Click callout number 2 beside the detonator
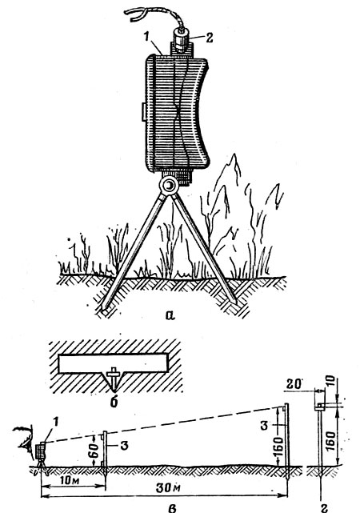tap(209, 37)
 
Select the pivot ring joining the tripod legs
tap(168, 186)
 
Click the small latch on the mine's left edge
tap(143, 111)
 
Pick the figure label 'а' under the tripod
tap(170, 315)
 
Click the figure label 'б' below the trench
tap(114, 402)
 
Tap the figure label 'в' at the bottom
tap(172, 507)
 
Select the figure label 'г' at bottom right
tap(324, 507)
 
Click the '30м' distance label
tap(168, 488)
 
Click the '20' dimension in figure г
tap(294, 384)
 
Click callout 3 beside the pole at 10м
tap(123, 445)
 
